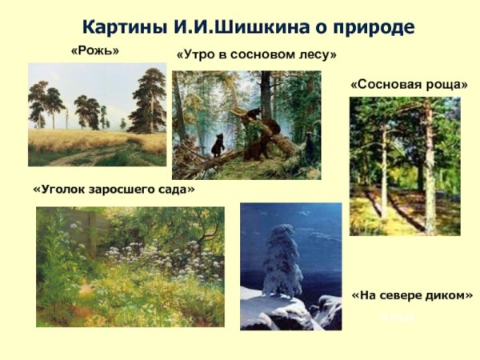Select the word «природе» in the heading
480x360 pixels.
tap(373, 27)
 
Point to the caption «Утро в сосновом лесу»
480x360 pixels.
tap(256, 54)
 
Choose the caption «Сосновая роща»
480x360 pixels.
tap(409, 83)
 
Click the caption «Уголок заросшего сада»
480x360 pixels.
tap(114, 190)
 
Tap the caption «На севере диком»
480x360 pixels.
tap(412, 294)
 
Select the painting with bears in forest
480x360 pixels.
tap(246, 124)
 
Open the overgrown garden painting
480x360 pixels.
tap(130, 266)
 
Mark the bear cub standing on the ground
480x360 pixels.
tap(218, 145)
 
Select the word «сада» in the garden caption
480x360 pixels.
tap(178, 190)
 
